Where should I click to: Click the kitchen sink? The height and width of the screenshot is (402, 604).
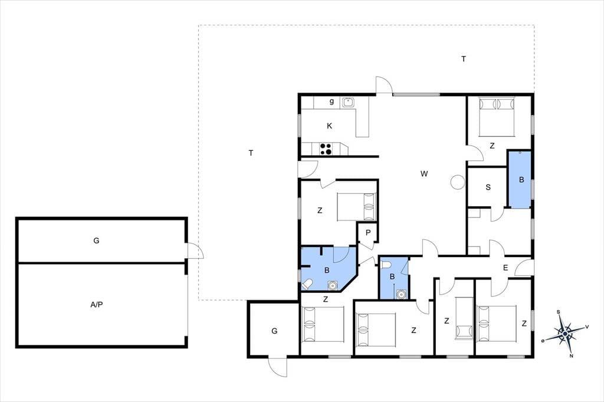click(347, 102)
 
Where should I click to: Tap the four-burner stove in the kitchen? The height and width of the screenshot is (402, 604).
click(326, 149)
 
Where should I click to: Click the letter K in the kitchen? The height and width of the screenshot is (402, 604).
click(329, 126)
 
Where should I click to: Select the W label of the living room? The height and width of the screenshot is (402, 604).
click(424, 174)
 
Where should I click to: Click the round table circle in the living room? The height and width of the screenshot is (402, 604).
click(458, 182)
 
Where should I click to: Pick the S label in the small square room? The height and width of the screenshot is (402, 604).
click(488, 187)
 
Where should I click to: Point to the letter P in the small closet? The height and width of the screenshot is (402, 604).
click(368, 233)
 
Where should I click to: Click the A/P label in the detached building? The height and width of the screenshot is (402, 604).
click(97, 305)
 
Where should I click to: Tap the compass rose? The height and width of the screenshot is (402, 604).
click(564, 334)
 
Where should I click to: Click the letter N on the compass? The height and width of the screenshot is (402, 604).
click(571, 356)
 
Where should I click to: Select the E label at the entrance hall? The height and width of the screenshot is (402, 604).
click(505, 268)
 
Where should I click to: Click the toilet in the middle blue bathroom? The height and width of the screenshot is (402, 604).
click(386, 265)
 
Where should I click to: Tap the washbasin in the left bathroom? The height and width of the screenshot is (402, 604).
click(332, 285)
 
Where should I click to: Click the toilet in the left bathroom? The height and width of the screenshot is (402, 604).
click(307, 285)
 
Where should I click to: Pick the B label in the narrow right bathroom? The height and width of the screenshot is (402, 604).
click(521, 180)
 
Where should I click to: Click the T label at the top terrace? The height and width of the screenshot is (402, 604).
click(464, 59)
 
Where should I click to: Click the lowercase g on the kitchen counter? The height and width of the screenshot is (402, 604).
click(331, 101)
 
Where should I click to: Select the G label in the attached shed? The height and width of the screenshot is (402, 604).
click(274, 331)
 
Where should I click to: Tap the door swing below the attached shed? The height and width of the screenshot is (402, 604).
click(278, 367)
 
